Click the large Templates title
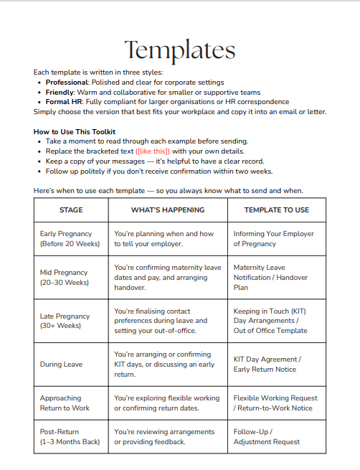pos(179,50)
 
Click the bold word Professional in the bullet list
pos(66,83)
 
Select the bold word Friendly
pos(60,92)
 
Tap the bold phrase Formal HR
pos(63,102)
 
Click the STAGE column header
pos(70,210)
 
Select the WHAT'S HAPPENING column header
pos(167,210)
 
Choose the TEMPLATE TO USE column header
pos(276,210)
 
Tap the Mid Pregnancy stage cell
pos(64,278)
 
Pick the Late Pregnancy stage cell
pos(65,321)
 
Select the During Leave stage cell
pos(61,365)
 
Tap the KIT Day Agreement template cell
pos(267,365)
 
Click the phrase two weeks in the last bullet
pos(252,171)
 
